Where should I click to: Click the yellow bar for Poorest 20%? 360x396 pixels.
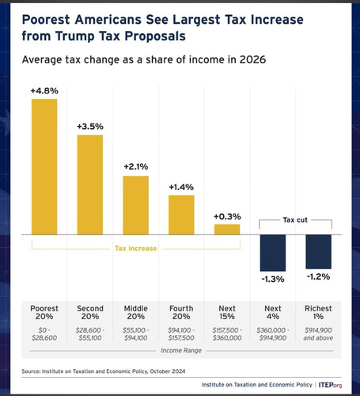tap(44, 166)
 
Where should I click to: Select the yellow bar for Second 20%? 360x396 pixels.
tap(89, 185)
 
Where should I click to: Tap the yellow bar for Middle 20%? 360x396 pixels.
tap(135, 204)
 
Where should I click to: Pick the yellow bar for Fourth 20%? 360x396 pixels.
tap(181, 214)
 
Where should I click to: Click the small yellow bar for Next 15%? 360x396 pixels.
tap(227, 229)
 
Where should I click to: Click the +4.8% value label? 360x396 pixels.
tap(44, 91)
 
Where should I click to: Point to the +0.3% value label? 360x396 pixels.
tap(227, 216)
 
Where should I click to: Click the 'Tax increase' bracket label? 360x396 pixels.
tap(135, 248)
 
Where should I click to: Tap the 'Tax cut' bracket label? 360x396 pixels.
tap(296, 220)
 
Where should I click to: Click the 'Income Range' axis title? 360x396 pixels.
tap(181, 349)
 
